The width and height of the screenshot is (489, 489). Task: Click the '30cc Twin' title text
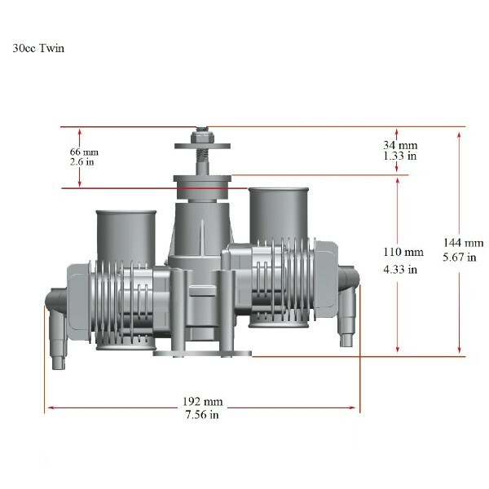[x=38, y=48]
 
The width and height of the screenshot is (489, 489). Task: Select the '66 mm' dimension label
[x=84, y=152]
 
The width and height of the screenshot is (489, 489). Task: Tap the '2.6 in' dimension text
[x=82, y=162]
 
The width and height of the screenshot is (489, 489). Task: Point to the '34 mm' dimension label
[x=400, y=145]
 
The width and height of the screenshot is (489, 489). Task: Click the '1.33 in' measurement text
[x=400, y=156]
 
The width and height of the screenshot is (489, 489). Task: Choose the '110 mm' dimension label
[x=403, y=252]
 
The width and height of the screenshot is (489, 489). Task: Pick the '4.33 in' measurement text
[x=400, y=269]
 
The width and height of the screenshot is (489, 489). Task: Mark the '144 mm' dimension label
[x=464, y=243]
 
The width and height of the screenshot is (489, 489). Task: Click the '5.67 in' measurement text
[x=460, y=257]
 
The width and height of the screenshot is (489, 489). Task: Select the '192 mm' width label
[x=203, y=401]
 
